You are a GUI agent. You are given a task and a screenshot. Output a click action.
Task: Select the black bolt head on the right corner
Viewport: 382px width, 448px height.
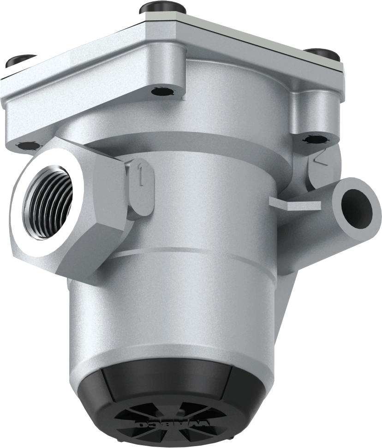pyautogui.click(x=323, y=54)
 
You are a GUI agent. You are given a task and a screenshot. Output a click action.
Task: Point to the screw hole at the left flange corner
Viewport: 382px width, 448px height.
pyautogui.click(x=29, y=146)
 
